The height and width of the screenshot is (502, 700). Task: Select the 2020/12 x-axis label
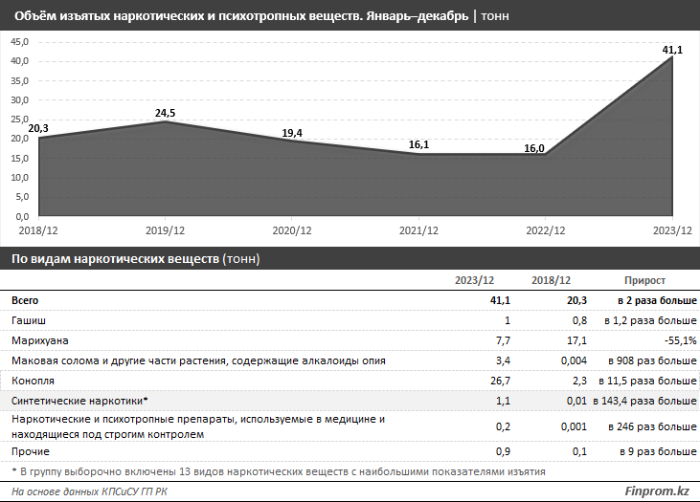click(x=292, y=231)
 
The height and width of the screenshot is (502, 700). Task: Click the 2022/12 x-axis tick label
click(x=547, y=231)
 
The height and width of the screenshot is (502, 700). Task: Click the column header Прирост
click(x=644, y=281)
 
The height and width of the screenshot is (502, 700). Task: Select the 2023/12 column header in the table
click(x=474, y=281)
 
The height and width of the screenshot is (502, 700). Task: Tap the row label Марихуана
click(x=39, y=340)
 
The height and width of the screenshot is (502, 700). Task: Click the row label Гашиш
click(x=29, y=320)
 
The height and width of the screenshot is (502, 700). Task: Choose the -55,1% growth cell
click(x=678, y=340)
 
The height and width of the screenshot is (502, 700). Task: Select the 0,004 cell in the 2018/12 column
click(x=555, y=360)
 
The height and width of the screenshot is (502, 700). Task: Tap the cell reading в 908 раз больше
click(x=652, y=360)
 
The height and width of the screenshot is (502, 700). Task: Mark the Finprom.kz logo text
click(x=658, y=491)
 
